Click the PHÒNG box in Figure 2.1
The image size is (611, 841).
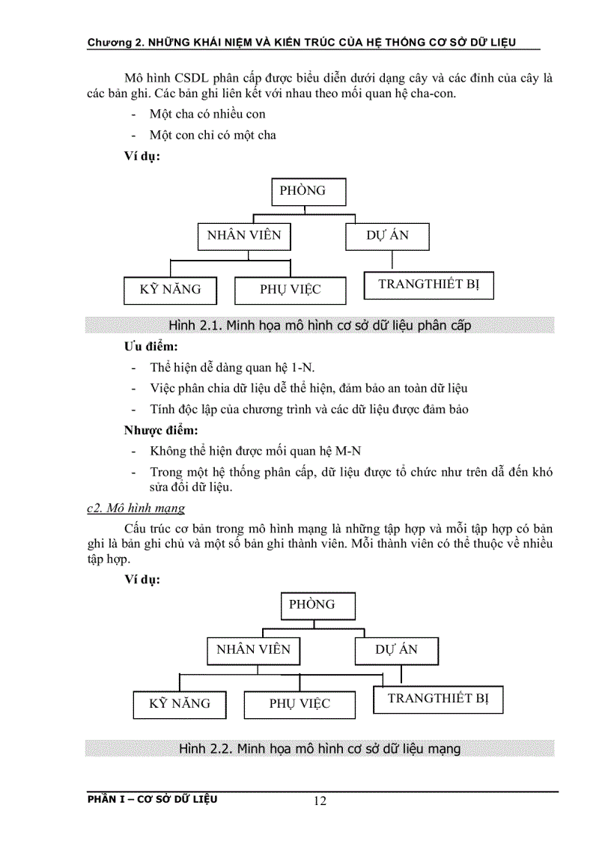[x=308, y=191]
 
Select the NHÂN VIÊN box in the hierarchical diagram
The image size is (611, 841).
[x=244, y=235]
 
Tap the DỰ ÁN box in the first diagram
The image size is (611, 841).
[x=387, y=235]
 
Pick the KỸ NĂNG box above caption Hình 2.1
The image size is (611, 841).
[x=171, y=289]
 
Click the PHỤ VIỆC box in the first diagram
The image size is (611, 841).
[x=291, y=290]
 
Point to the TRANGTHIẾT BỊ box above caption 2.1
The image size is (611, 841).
[x=428, y=284]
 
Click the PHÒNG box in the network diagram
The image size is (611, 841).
[x=317, y=605]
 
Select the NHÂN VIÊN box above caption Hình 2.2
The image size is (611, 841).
[x=253, y=649]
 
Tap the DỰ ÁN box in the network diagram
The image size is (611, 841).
[x=396, y=649]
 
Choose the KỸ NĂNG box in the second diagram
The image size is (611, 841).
[x=180, y=703]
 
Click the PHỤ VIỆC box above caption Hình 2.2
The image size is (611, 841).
[x=300, y=704]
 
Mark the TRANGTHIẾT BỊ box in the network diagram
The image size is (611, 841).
[x=438, y=699]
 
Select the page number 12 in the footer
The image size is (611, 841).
[x=320, y=801]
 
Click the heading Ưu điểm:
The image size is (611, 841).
[x=151, y=348]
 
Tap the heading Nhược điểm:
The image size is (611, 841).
[x=160, y=431]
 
